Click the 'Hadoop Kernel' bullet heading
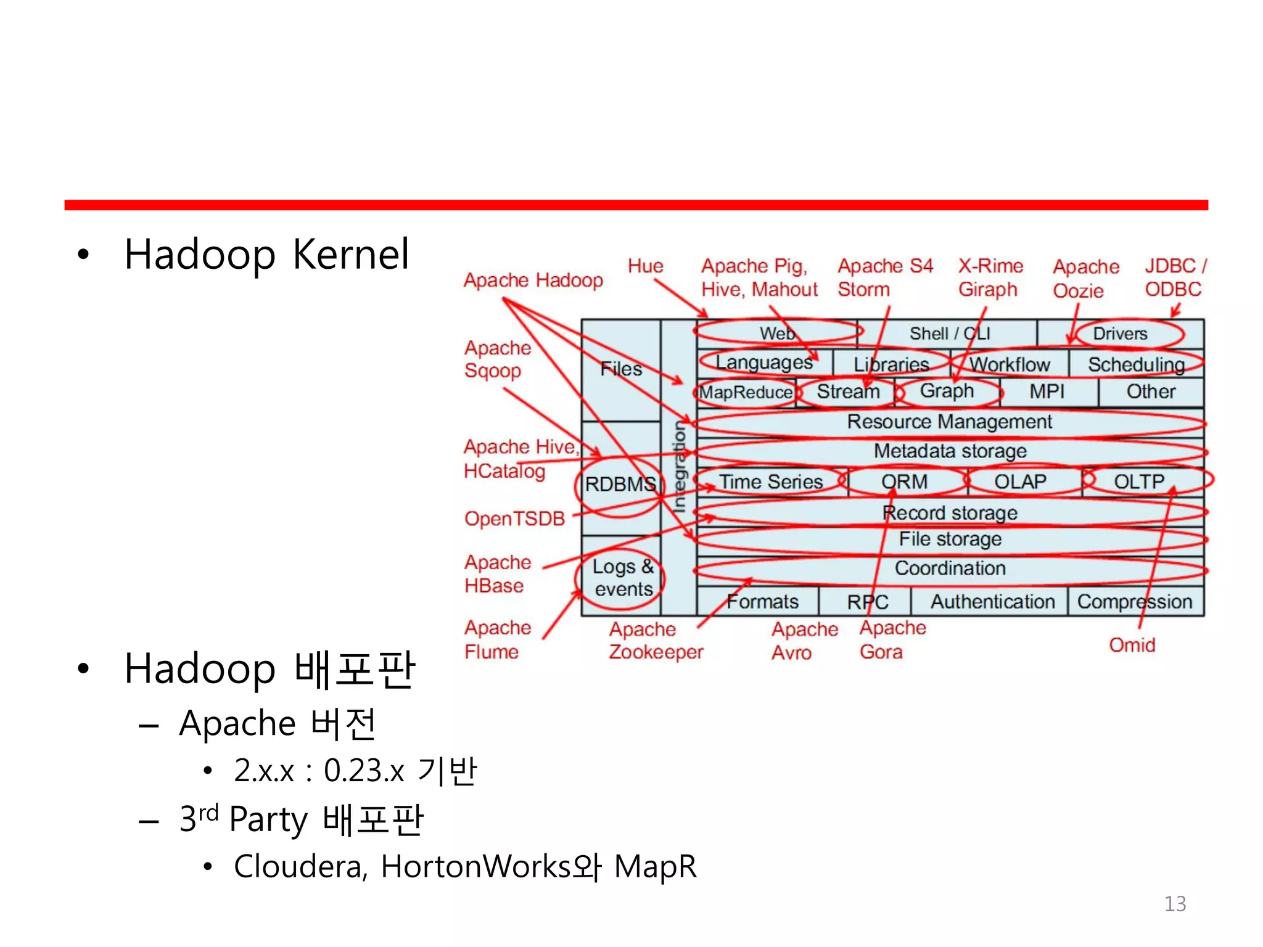click(x=266, y=254)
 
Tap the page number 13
click(x=1175, y=903)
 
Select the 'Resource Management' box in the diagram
click(x=949, y=422)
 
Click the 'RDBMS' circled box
click(x=620, y=484)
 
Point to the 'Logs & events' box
click(x=622, y=578)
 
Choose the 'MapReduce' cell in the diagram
click(x=746, y=392)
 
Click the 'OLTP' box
click(x=1138, y=482)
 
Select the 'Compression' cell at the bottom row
click(x=1135, y=601)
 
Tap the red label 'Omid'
click(x=1132, y=645)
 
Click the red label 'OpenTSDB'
click(x=514, y=519)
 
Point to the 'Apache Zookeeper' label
click(x=656, y=641)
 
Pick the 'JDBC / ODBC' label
click(x=1174, y=277)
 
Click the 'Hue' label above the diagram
click(x=645, y=266)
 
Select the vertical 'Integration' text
click(x=678, y=467)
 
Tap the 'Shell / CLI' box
click(x=949, y=334)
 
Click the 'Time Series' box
click(x=771, y=482)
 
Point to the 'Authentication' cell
click(x=992, y=601)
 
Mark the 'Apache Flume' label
click(x=497, y=639)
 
